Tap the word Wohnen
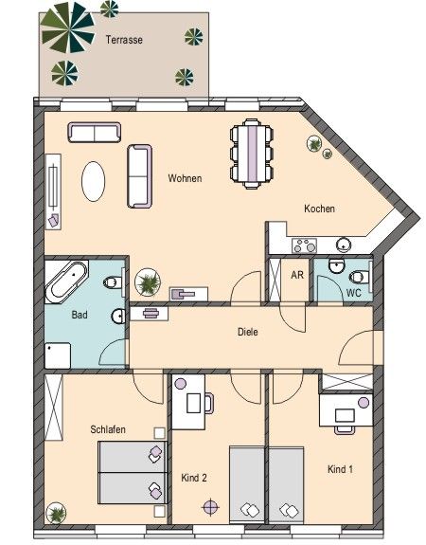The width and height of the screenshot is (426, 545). (185, 178)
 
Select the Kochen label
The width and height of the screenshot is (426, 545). (319, 209)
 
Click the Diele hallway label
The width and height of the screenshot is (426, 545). (248, 332)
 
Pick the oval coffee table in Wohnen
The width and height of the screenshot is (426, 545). (93, 181)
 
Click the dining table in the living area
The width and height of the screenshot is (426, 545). (252, 152)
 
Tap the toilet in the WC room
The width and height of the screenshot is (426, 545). (357, 276)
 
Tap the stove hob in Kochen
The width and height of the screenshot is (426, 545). (305, 244)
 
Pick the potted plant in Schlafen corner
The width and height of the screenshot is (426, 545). (58, 513)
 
